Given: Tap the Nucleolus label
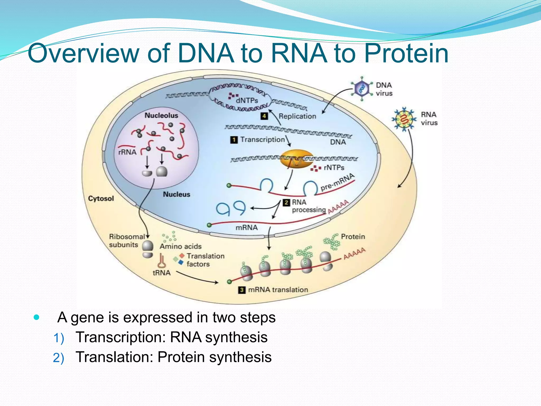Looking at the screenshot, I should [161, 116].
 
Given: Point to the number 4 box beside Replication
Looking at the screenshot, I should [264, 116].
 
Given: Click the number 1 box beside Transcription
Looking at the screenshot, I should [234, 140].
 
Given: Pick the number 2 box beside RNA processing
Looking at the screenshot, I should [286, 202].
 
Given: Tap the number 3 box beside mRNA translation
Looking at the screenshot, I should [242, 290].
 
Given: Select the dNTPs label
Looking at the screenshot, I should [247, 101].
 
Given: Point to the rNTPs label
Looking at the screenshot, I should [334, 168].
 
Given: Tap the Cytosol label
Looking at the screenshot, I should [101, 199].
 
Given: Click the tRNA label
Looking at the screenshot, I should [161, 273].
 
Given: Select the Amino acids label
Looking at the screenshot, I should [181, 246].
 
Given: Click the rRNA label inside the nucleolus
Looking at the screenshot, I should [127, 152].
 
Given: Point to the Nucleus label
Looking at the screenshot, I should [176, 195].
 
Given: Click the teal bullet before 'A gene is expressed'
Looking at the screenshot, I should [37, 317].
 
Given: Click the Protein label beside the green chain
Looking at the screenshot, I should [353, 237].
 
